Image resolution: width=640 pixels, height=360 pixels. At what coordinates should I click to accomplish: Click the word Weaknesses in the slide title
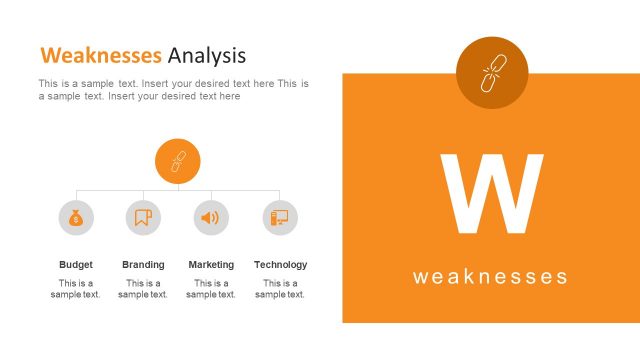pos(100,54)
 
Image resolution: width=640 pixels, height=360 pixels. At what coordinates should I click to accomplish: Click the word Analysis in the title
pos(207,54)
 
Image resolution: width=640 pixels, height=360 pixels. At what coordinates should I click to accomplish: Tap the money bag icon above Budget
pos(76,217)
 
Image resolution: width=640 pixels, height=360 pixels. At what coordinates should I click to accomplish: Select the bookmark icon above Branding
pos(143,217)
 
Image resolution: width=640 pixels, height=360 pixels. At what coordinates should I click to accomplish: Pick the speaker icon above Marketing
pos(211,217)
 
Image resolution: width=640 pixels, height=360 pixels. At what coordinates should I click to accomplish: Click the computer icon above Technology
pos(280,217)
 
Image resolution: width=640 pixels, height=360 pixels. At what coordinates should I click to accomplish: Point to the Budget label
pos(76,265)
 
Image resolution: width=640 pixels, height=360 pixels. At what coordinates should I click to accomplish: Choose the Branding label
pos(143,265)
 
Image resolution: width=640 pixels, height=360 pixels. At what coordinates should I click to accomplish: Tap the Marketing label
pos(211,265)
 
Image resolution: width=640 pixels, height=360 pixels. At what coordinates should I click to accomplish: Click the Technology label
pos(280,265)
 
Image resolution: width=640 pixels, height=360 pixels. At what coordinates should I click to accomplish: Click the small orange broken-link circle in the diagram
pos(178,161)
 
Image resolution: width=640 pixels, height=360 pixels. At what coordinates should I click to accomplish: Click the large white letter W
pos(491,194)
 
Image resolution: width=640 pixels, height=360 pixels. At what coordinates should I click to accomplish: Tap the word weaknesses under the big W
pos(490,277)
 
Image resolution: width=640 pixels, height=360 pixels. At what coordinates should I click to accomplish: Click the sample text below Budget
pos(76,289)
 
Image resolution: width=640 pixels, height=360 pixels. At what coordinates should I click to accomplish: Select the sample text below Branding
pos(143,289)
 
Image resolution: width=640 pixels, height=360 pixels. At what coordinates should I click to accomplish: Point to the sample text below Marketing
pos(211,289)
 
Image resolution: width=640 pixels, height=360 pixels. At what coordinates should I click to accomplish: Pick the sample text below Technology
pos(280,289)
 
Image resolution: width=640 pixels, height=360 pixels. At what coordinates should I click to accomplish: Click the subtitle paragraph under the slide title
pos(173,90)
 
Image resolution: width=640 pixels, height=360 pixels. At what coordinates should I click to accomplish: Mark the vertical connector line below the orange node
pos(178,187)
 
